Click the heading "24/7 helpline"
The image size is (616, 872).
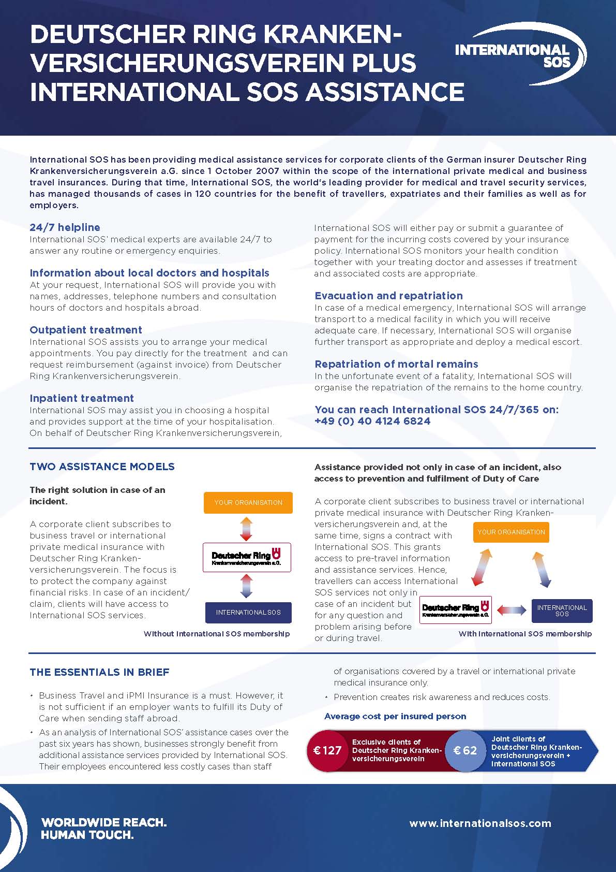[65, 227]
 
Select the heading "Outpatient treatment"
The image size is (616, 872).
[86, 330]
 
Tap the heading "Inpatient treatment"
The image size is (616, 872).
[82, 398]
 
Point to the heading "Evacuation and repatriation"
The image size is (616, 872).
[388, 296]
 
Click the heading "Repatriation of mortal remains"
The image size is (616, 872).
[396, 364]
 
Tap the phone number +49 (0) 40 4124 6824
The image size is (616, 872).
[372, 421]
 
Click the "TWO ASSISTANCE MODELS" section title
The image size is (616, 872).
[102, 467]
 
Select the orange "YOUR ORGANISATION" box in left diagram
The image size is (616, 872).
[248, 503]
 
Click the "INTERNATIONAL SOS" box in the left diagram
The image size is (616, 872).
[248, 613]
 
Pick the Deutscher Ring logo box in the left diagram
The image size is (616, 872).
[247, 558]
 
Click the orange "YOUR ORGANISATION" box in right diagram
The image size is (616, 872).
[511, 532]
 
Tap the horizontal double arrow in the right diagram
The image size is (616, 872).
[512, 611]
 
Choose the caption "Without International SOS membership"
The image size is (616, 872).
[217, 634]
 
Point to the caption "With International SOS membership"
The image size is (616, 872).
[525, 634]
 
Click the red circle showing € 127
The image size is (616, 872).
[328, 751]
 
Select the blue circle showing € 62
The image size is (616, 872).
[465, 751]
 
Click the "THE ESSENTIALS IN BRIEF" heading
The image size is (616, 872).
[99, 672]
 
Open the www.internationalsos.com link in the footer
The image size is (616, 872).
[480, 823]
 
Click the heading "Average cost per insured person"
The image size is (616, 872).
[395, 716]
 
